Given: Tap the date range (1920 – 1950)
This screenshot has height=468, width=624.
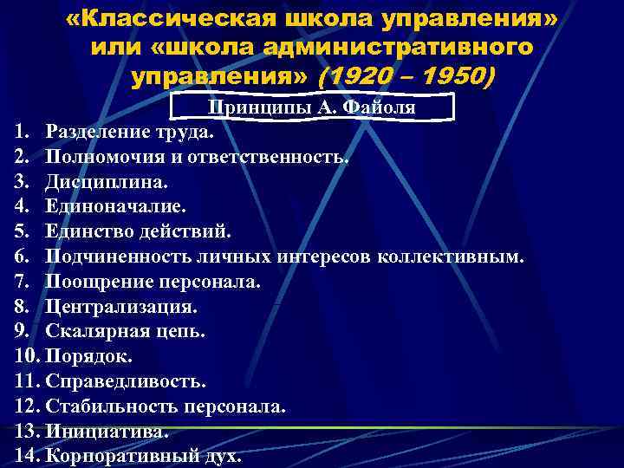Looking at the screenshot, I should click(x=406, y=79).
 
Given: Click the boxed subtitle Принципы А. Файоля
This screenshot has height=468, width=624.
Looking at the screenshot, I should click(x=311, y=107).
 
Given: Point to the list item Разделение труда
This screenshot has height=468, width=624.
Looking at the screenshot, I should click(x=129, y=133).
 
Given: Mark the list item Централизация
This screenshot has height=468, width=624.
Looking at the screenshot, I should click(x=121, y=306).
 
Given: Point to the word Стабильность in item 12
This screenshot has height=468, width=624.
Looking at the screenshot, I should click(x=107, y=406).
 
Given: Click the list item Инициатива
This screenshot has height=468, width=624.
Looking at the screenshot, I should click(x=106, y=431).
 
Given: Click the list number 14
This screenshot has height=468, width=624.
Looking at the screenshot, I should click(x=27, y=456).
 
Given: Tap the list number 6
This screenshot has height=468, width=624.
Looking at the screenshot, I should click(x=22, y=257).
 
